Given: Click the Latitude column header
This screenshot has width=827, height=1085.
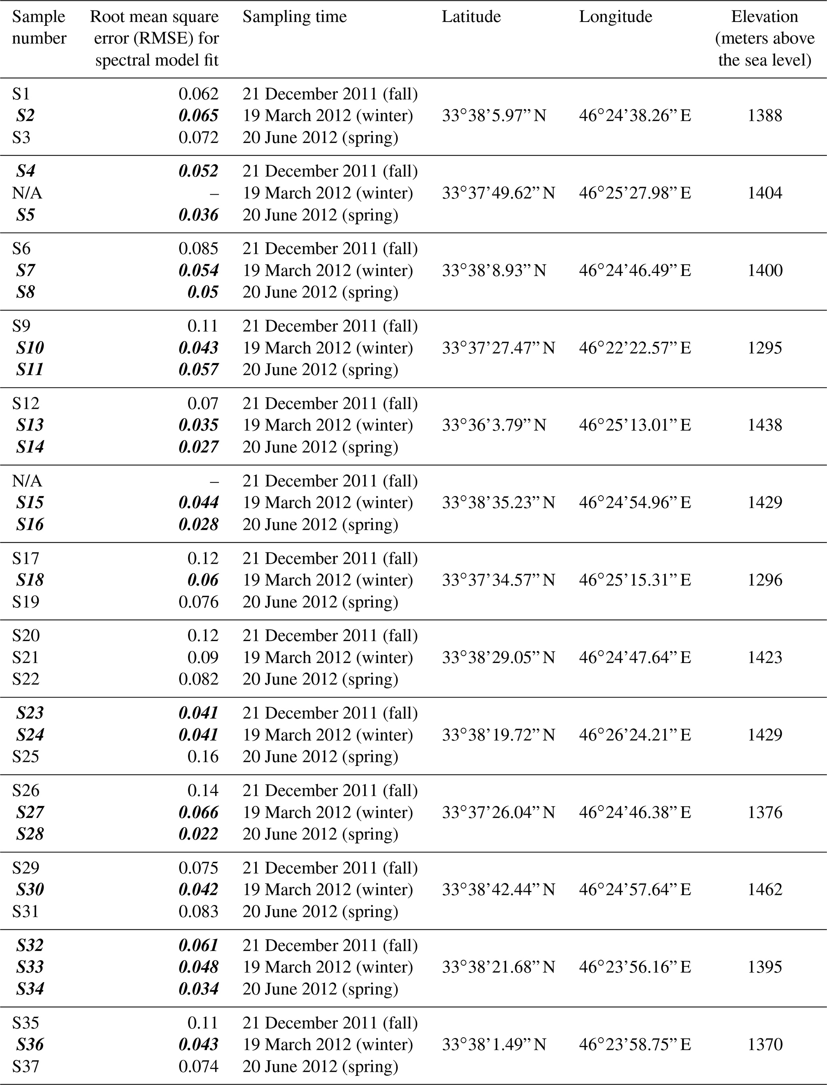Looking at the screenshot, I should point(471,17).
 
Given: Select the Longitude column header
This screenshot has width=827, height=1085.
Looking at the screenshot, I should point(615,17).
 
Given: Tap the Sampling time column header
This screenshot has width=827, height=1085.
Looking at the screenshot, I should point(294,17).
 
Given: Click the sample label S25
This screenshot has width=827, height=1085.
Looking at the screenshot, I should point(26,756).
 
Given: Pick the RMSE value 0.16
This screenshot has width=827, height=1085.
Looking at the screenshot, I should point(203,756).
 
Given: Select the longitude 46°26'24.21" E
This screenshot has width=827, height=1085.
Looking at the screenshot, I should point(635,734).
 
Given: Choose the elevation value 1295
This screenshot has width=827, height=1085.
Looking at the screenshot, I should point(765,348).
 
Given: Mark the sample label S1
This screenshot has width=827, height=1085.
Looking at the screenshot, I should point(21,94).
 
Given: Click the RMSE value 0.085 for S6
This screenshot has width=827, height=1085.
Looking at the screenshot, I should point(198,248).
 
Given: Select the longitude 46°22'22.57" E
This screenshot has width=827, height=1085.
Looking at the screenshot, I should point(635,348).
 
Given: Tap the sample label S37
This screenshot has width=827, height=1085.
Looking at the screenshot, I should point(26,1066).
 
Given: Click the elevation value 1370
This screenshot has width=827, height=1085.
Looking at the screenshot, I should point(765,1044).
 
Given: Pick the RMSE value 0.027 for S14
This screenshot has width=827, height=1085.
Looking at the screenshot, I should point(198,447).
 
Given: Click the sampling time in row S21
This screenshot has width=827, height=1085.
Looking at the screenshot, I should point(327,657).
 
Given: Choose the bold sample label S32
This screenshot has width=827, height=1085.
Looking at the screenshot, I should point(30,945).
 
